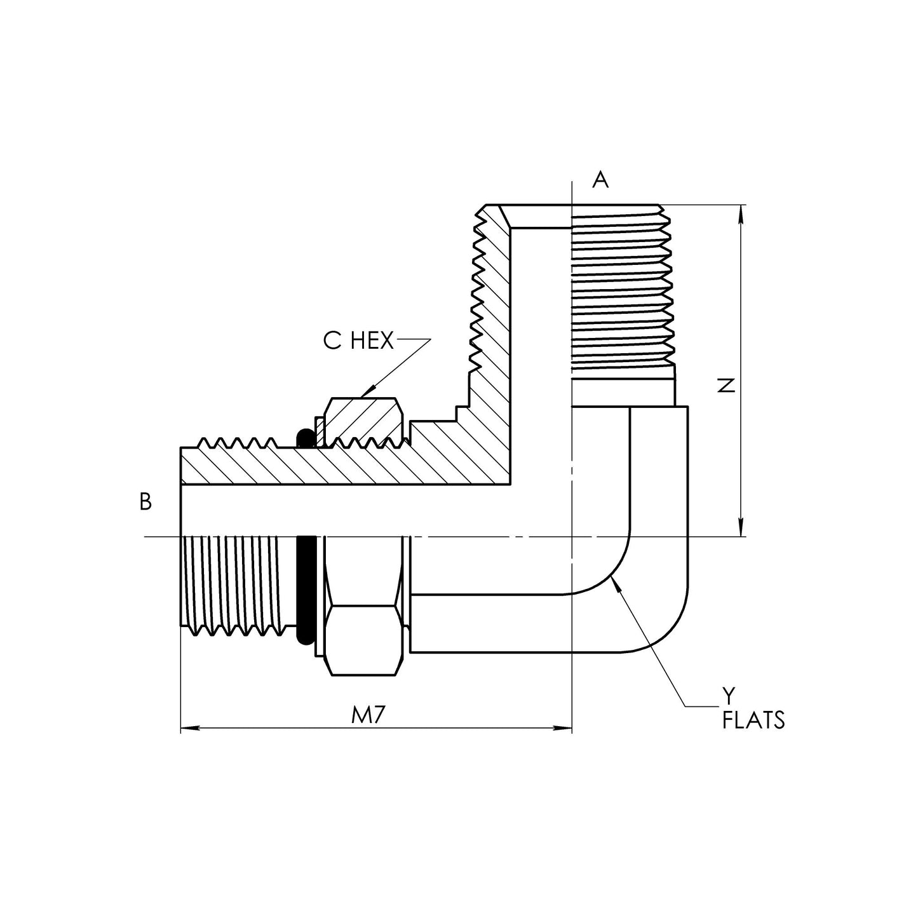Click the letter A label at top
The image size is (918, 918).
click(600, 180)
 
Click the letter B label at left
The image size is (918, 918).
click(145, 502)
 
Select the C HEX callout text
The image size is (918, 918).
click(358, 341)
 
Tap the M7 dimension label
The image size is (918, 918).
click(370, 716)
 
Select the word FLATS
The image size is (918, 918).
click(753, 721)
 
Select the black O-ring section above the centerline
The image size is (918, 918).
click(304, 438)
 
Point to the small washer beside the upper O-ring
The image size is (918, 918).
click(320, 432)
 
